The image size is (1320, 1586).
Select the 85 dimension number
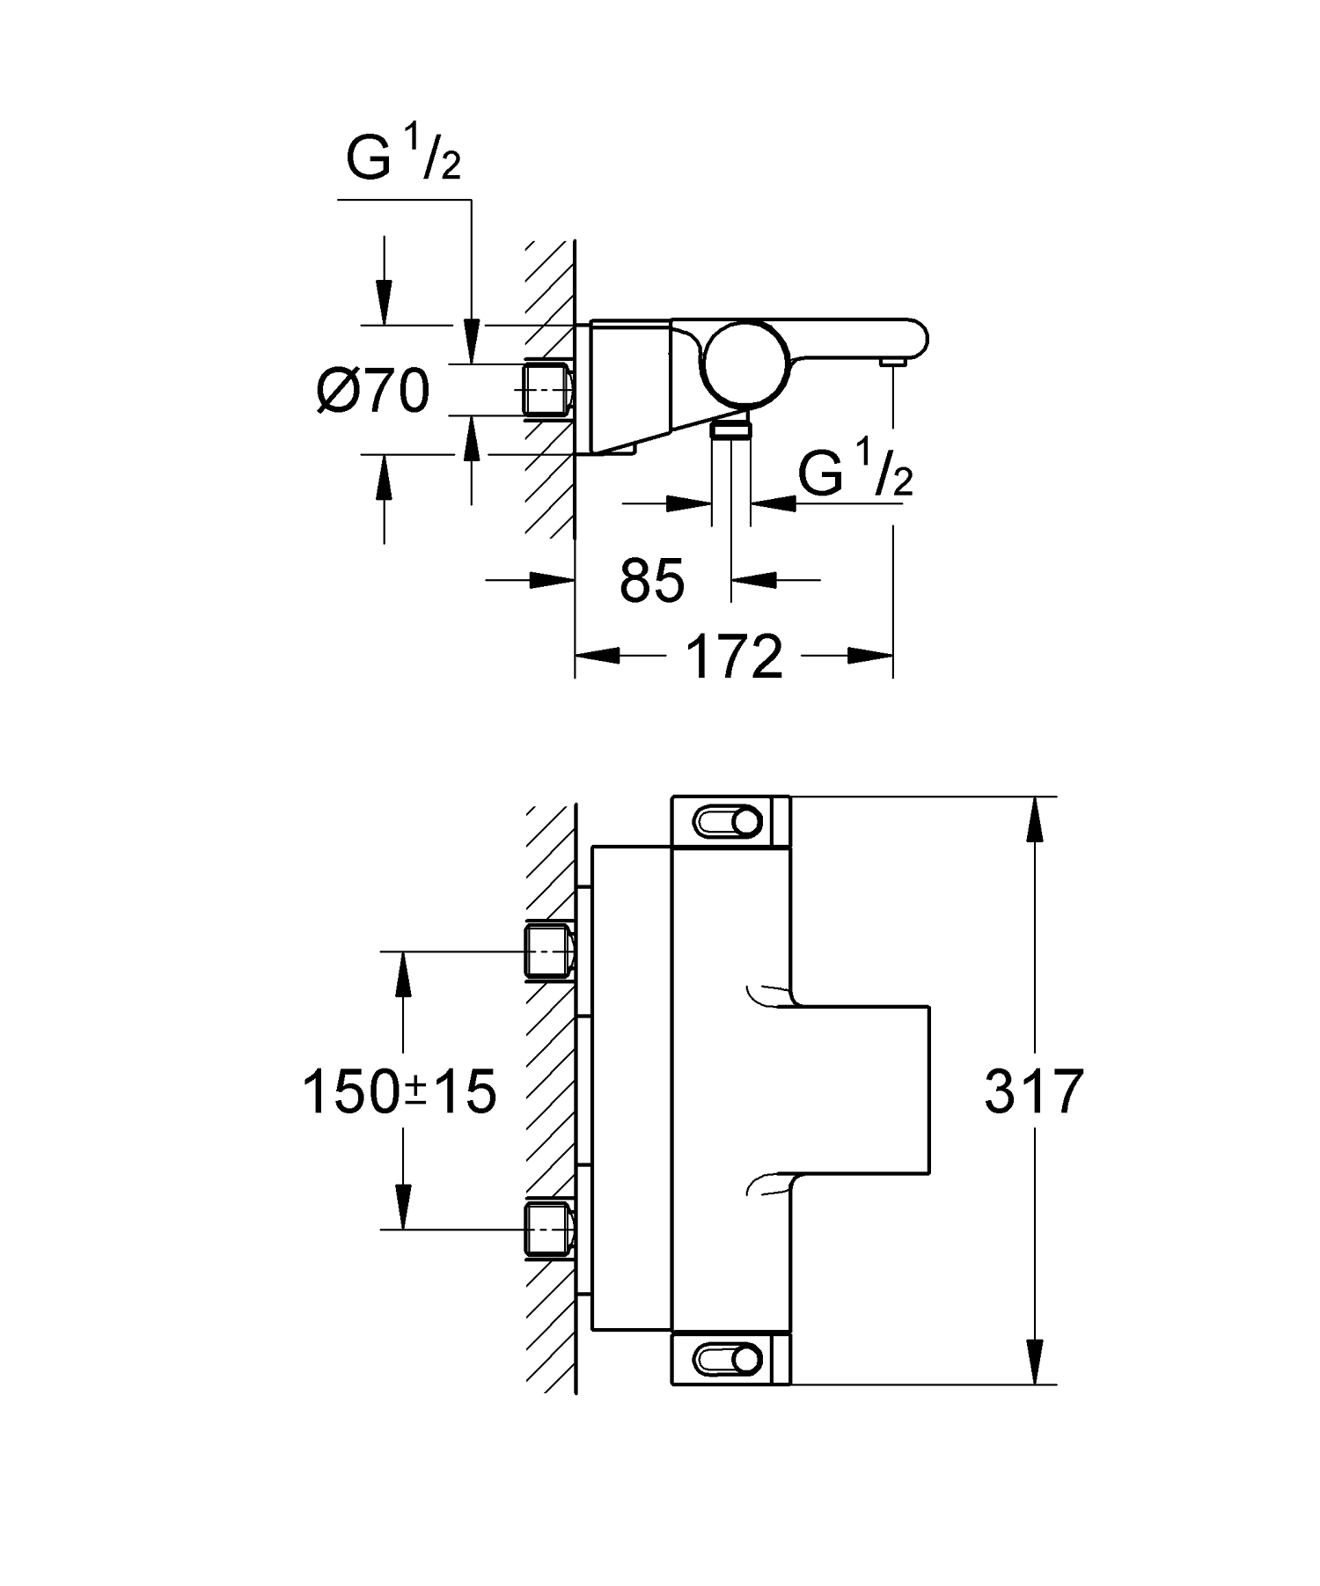pyautogui.click(x=651, y=582)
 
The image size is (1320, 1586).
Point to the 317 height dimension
pyautogui.click(x=1033, y=1092)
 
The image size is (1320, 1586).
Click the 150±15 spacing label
pyautogui.click(x=399, y=1092)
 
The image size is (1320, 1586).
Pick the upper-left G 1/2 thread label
pyautogui.click(x=403, y=159)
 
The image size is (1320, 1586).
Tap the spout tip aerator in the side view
pyautogui.click(x=893, y=362)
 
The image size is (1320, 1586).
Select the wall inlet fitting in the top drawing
pyautogui.click(x=548, y=389)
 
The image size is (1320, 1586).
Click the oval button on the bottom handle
pyautogui.click(x=727, y=1358)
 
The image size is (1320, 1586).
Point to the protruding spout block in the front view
pyautogui.click(x=862, y=1090)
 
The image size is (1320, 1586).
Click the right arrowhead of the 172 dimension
pyautogui.click(x=871, y=655)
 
